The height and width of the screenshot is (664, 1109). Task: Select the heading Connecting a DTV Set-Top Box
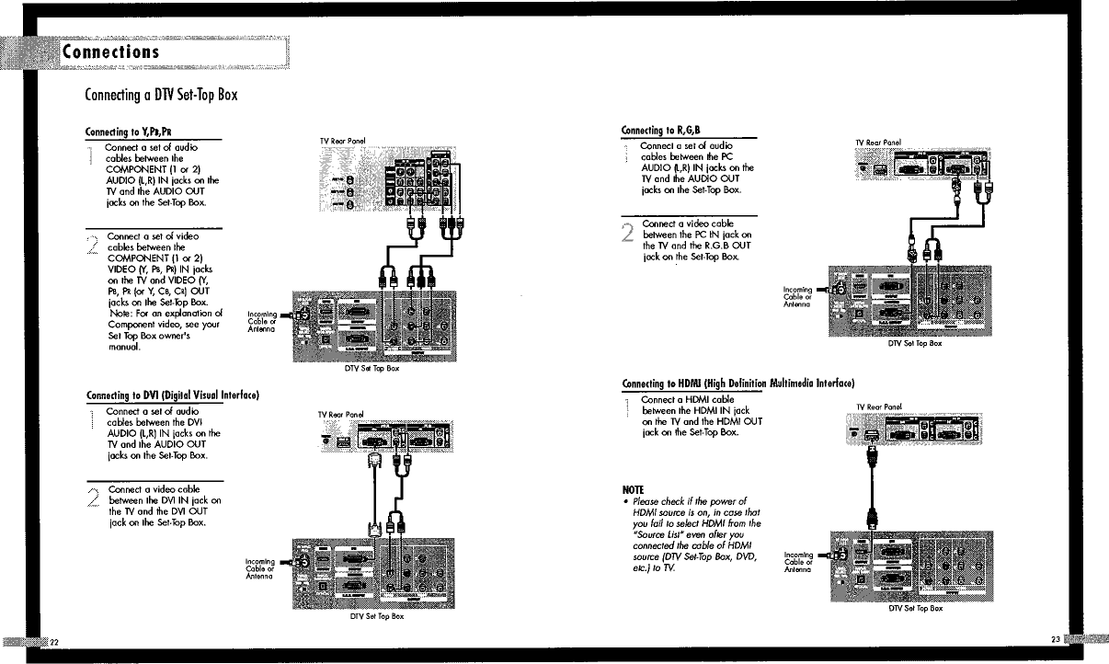click(x=162, y=96)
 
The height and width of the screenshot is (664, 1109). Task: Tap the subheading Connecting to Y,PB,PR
click(x=122, y=131)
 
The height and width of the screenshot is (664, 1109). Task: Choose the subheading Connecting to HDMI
click(x=738, y=382)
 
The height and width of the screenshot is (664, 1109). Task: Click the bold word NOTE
click(x=633, y=488)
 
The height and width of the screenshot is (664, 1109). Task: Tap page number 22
click(x=54, y=640)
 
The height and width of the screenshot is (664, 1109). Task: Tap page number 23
click(x=1055, y=638)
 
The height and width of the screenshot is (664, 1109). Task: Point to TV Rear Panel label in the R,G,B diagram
click(x=878, y=142)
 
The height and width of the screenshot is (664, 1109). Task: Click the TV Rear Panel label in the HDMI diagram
click(x=879, y=406)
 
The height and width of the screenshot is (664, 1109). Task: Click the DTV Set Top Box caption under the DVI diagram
click(x=377, y=616)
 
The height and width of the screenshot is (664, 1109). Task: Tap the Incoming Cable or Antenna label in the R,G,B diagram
click(x=796, y=297)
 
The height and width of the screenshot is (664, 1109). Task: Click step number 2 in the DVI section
click(x=94, y=498)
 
